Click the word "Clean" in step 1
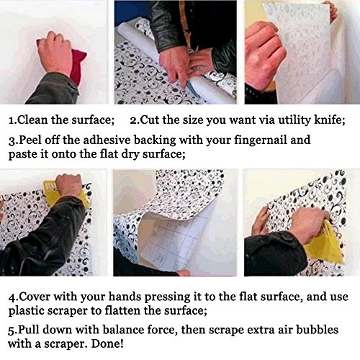(x=32, y=120)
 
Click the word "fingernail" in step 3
(x=261, y=140)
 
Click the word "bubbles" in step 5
(x=318, y=330)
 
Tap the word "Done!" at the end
(x=107, y=343)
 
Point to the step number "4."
(x=13, y=297)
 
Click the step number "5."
(x=13, y=330)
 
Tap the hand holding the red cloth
(x=55, y=52)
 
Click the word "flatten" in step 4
(x=121, y=311)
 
